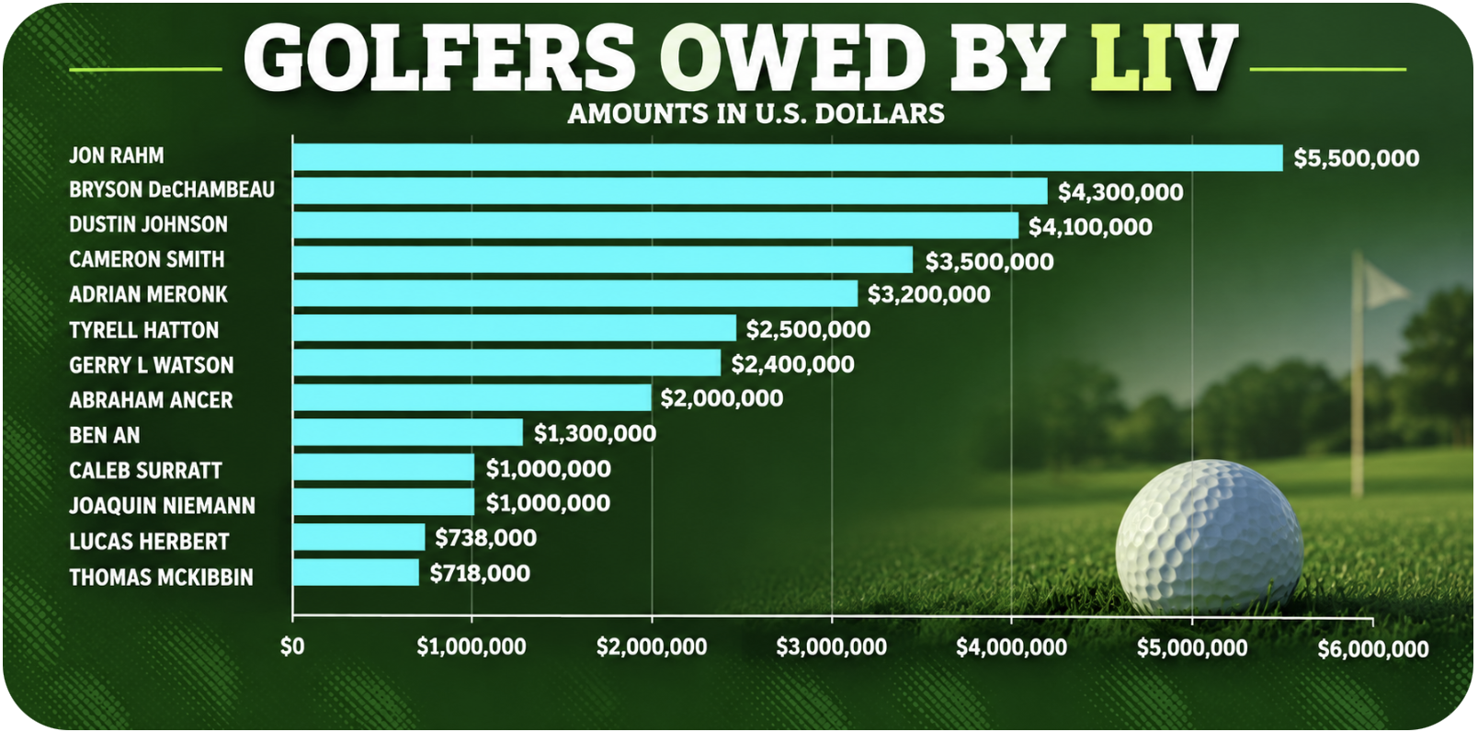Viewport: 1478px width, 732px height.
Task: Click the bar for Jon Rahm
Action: pos(788,158)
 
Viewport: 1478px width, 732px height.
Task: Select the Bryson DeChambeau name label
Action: pos(172,190)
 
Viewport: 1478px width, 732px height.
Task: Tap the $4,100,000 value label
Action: pos(1091,227)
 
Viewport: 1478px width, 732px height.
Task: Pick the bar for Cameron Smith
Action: pos(603,259)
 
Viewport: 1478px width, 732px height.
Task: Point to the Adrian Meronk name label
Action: pos(149,294)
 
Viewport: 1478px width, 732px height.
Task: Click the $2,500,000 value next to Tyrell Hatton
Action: pos(808,329)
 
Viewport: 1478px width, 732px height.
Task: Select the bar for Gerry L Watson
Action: pos(506,362)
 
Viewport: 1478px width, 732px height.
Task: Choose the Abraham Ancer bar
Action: pos(472,397)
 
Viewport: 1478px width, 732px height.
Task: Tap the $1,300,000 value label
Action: pos(596,434)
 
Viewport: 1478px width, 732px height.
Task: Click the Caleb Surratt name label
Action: pos(146,471)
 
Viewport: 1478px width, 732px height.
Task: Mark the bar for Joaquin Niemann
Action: pos(383,502)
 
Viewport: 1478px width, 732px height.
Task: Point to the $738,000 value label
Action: pos(485,538)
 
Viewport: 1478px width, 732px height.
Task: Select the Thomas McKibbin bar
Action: pos(356,572)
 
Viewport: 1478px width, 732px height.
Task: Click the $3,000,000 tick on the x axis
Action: pos(831,647)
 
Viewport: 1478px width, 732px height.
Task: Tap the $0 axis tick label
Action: pos(292,646)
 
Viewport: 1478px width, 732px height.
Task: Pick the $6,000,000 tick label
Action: pos(1373,649)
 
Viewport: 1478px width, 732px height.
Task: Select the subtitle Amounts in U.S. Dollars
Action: pos(756,113)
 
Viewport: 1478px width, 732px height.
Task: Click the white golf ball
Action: pos(1209,536)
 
